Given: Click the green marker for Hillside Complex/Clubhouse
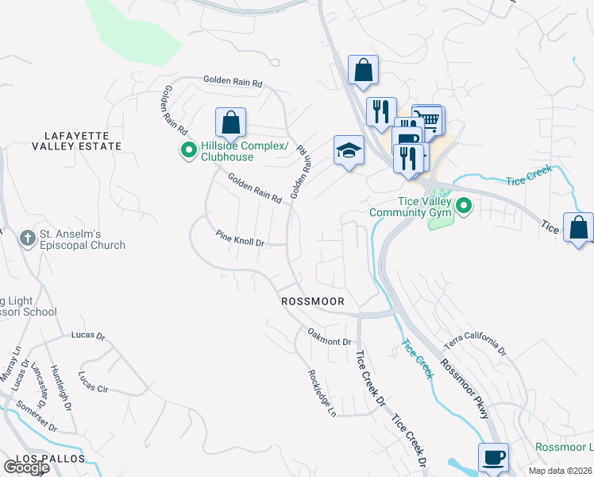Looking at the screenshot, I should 189,149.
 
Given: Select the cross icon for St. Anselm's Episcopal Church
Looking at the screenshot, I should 27,238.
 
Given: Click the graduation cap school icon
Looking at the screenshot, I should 348,151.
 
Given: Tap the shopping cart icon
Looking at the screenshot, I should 430,119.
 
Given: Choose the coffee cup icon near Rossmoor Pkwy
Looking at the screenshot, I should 493,458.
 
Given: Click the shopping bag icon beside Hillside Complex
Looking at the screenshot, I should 230,123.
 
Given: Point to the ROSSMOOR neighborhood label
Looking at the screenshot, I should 312,302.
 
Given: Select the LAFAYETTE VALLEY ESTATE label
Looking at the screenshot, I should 77,141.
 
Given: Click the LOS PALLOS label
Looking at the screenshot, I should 37,461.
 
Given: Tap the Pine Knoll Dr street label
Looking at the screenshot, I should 239,238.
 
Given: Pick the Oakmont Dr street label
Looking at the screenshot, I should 329,341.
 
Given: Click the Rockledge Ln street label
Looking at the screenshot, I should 322,393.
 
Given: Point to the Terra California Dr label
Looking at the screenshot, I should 475,344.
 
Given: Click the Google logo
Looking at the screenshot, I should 25,467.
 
